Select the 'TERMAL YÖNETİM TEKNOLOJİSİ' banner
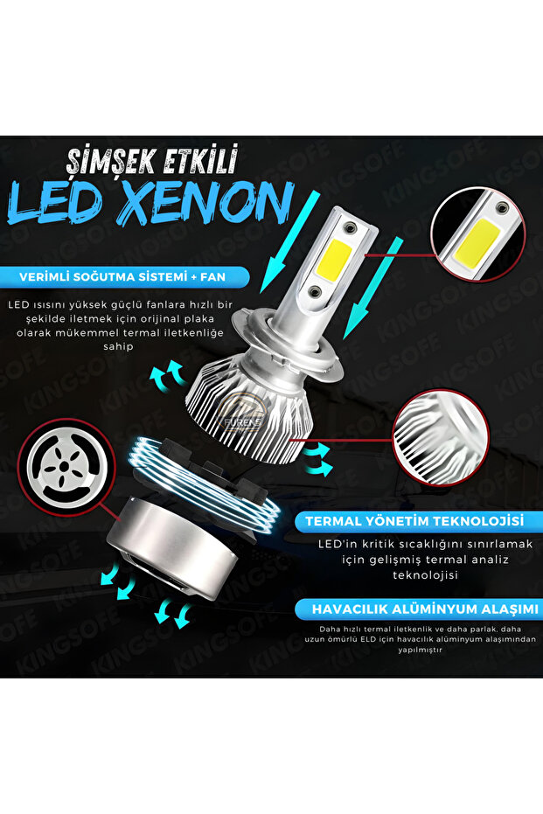(414, 521)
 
